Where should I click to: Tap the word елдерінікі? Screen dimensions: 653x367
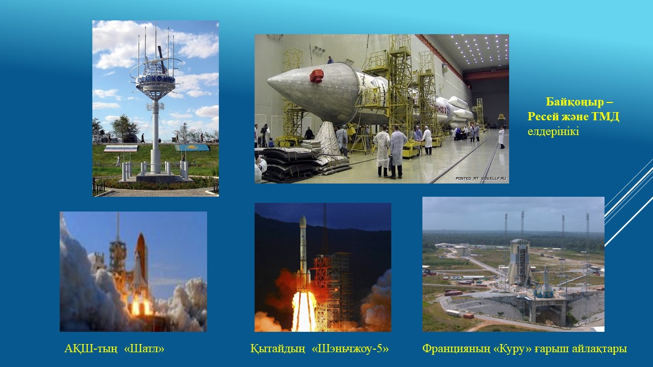(x=553, y=132)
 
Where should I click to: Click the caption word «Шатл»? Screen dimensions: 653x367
(x=144, y=348)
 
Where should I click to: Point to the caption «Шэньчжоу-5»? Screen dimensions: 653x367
(x=350, y=348)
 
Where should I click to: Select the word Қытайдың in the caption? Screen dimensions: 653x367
(x=278, y=348)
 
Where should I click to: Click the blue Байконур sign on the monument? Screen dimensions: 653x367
(x=156, y=79)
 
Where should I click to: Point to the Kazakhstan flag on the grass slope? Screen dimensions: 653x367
(x=192, y=147)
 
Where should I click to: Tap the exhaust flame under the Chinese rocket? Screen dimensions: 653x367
(x=304, y=311)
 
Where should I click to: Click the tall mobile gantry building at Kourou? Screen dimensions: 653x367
(x=520, y=262)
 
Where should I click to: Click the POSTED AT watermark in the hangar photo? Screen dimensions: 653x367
(x=481, y=178)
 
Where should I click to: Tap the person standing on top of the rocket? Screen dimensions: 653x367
(x=330, y=60)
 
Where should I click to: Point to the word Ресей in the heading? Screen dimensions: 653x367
(x=543, y=117)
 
